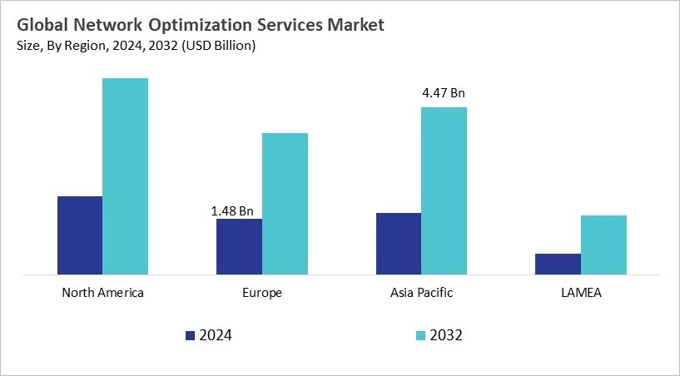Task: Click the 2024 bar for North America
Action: coord(80,235)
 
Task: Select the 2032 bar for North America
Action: coord(125,176)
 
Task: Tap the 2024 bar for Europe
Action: coord(239,246)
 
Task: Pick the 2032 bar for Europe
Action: coord(285,204)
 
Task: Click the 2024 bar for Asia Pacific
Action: coord(398,244)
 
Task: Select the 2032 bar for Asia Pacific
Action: coord(444,190)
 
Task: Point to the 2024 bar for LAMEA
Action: coord(558,264)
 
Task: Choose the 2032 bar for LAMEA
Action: coord(603,245)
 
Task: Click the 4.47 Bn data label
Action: coord(444,93)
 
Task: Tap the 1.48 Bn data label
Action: coord(232,211)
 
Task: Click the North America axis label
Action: coord(103,293)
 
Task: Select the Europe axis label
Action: coord(262,293)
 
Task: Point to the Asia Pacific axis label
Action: coord(421,293)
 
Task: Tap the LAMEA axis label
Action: coord(581,293)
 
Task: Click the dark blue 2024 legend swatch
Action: coord(191,335)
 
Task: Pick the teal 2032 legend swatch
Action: coord(420,335)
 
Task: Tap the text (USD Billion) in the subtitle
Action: coord(216,46)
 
